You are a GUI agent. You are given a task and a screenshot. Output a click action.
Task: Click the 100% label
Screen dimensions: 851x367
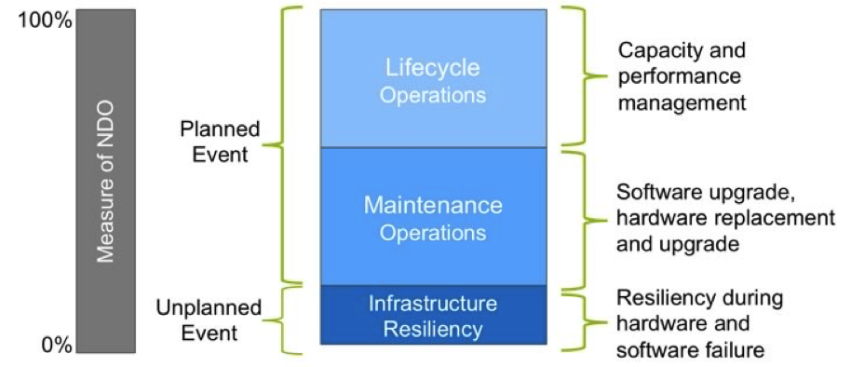(45, 21)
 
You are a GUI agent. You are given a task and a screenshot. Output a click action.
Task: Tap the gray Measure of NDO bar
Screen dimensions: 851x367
(106, 182)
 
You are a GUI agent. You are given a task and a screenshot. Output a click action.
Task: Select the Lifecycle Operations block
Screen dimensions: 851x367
(434, 78)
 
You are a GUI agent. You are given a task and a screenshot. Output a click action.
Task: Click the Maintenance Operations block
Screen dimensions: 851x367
(434, 216)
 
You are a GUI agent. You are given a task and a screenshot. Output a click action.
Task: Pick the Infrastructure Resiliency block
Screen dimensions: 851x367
(434, 315)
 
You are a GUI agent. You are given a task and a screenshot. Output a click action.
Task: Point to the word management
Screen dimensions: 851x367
(682, 102)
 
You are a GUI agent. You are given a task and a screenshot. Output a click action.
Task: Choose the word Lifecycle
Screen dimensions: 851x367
(433, 68)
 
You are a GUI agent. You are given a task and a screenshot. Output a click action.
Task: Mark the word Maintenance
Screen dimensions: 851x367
(433, 206)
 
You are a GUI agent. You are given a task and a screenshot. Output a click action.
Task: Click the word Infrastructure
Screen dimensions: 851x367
(433, 303)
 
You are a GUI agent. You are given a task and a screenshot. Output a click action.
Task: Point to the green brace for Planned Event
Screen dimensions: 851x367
(282, 145)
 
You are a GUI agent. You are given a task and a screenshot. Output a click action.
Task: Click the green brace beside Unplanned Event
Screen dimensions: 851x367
(283, 320)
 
